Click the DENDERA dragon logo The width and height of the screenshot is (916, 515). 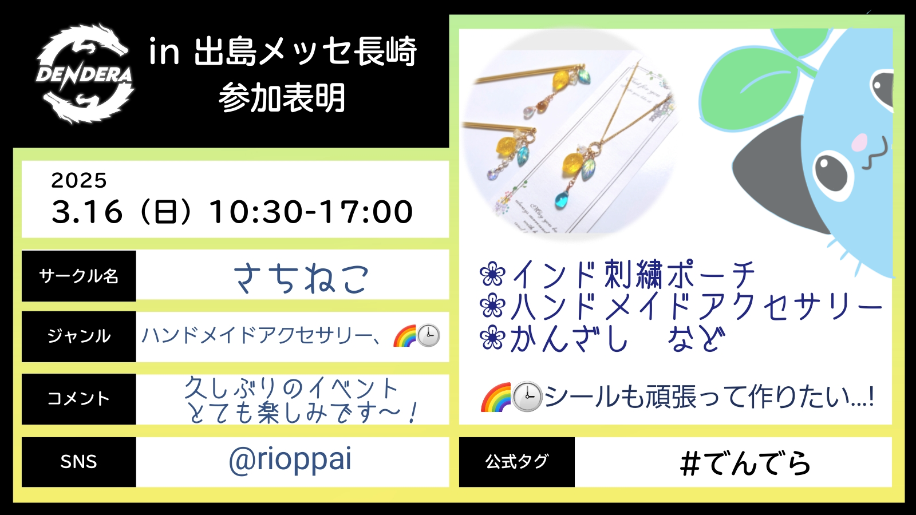85,74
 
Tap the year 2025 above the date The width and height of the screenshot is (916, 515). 79,180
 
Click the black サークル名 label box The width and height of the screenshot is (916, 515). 78,276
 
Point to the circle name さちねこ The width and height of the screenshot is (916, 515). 301,278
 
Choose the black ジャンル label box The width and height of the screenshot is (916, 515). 78,336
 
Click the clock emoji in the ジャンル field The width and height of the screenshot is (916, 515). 428,336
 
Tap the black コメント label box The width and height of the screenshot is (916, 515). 78,399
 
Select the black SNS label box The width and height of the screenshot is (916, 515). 78,462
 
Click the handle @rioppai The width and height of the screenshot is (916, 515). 290,460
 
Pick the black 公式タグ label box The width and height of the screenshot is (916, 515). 517,462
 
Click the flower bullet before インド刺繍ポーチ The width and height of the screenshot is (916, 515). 492,274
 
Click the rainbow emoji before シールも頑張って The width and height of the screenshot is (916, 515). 496,397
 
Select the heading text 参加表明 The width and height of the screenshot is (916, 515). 282,98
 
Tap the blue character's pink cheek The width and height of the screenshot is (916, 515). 859,141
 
